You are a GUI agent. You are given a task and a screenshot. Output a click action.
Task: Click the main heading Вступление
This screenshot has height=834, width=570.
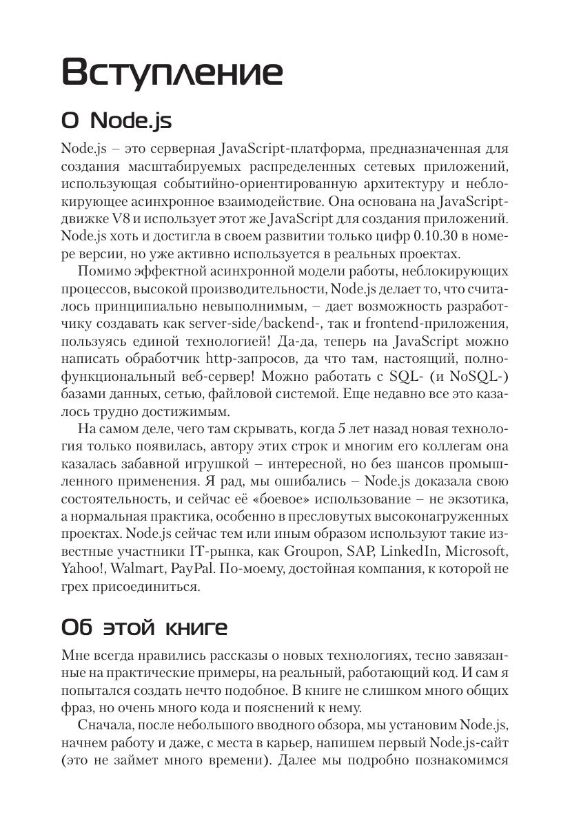(172, 72)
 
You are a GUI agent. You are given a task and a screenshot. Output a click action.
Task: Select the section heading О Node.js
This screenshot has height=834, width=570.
(116, 121)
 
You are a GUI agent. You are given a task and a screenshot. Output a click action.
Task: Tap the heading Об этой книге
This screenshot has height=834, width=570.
(144, 627)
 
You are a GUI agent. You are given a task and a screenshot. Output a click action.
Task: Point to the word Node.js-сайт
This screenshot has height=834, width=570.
(469, 743)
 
